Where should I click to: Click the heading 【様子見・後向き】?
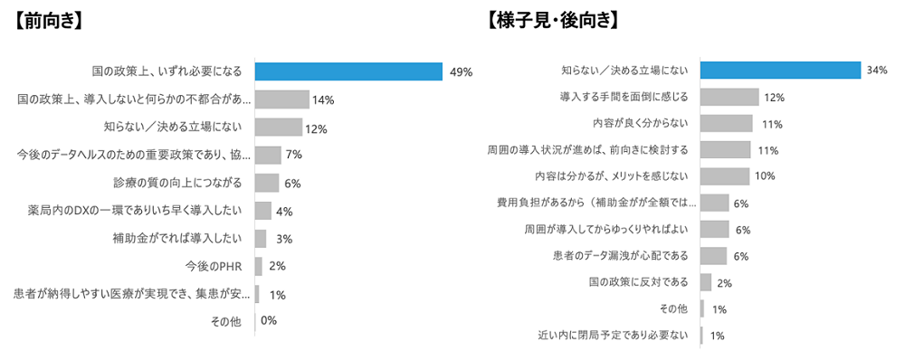[x=551, y=21]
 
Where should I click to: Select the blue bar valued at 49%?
[x=348, y=71]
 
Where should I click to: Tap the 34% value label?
[x=876, y=71]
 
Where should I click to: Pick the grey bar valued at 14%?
[x=281, y=99]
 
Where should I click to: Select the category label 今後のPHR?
[x=215, y=267]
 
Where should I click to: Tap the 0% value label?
[x=268, y=321]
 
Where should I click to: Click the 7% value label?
[x=293, y=156]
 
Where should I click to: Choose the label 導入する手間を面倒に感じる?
[x=624, y=97]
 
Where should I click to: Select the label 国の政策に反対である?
[x=639, y=282]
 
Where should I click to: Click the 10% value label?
[x=765, y=176]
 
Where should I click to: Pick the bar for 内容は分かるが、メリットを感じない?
[x=725, y=176]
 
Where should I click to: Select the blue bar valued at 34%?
[x=780, y=71]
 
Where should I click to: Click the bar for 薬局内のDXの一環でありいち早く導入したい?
[x=262, y=211]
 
